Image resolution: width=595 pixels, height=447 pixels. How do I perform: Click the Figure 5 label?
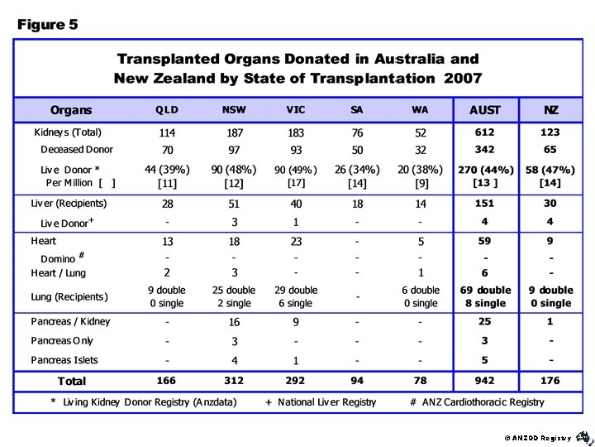coord(48,25)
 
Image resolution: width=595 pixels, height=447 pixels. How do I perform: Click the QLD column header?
coord(166,110)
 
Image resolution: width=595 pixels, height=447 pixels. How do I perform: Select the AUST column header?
coord(484,110)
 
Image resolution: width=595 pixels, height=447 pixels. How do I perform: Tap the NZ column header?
coord(550,110)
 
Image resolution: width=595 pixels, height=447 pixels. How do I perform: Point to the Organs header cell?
coord(71,110)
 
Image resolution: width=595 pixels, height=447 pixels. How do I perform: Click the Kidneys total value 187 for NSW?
coord(234,133)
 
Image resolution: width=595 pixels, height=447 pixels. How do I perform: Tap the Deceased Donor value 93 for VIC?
coord(296,150)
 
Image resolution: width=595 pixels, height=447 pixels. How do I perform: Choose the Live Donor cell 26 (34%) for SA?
coord(358,170)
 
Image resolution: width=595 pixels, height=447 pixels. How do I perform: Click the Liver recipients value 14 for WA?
coord(420,204)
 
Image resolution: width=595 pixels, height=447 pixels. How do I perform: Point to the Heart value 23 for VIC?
coord(296,242)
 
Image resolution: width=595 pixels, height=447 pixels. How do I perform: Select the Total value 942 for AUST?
coord(484,381)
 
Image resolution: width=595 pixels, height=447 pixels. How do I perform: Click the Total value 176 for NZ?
coord(550,381)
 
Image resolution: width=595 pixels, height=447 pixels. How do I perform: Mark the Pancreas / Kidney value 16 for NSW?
coord(234,322)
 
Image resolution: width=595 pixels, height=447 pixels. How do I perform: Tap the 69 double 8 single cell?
coord(485,296)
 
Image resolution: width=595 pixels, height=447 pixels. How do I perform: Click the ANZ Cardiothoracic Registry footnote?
coord(477,402)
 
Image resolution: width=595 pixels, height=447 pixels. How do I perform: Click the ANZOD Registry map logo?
coord(583,435)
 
